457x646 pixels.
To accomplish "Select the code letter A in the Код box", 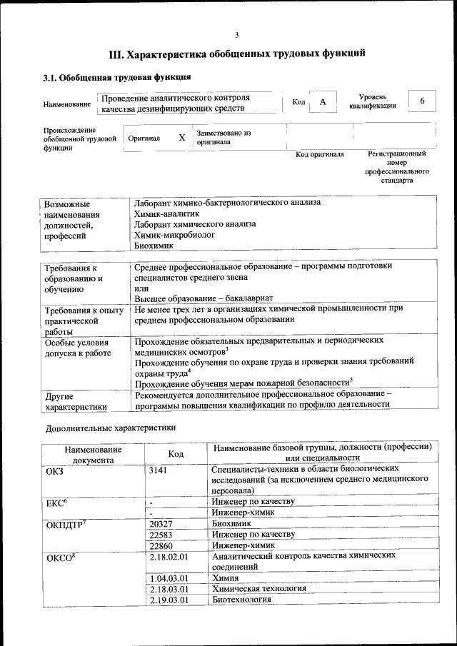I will click(x=323, y=102).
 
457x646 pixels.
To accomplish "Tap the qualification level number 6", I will click(x=422, y=101).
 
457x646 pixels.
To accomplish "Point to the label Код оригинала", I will click(x=319, y=154).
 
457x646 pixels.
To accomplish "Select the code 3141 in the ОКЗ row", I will click(x=160, y=470).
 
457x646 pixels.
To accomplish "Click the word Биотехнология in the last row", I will click(x=242, y=600).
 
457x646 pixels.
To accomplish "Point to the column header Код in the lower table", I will click(x=176, y=454).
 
